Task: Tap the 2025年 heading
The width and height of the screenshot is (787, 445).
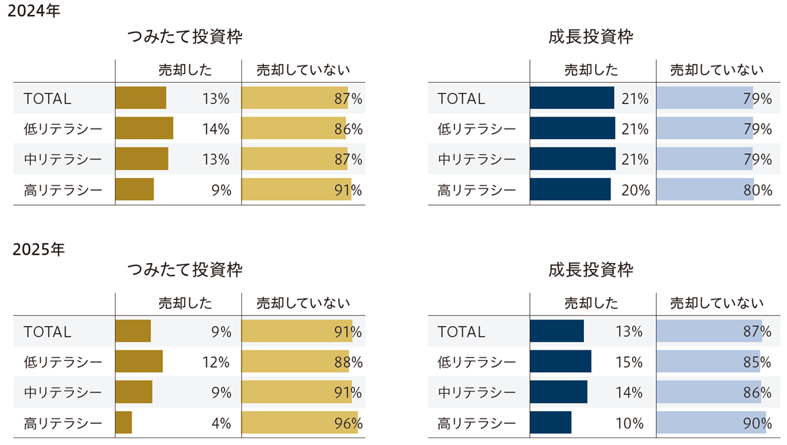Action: [38, 250]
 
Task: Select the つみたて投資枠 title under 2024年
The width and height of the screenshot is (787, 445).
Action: [184, 38]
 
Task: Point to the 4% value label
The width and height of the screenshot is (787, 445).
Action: [220, 423]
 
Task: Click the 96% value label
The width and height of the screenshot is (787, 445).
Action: [348, 423]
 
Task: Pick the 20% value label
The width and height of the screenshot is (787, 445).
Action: [635, 190]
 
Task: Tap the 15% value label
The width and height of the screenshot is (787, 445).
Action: [628, 362]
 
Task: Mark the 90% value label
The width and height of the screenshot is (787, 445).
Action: [757, 423]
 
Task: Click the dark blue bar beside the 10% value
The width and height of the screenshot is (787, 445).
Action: [550, 422]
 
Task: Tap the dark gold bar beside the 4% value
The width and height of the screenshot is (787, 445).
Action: [123, 422]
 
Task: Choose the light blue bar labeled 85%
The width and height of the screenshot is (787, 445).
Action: [708, 362]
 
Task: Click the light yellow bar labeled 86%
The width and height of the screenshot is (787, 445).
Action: [293, 129]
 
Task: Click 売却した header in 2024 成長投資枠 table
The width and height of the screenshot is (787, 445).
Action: [592, 71]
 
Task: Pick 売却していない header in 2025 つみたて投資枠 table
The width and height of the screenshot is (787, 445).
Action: [303, 304]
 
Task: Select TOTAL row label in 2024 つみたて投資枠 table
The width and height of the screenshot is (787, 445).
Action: [47, 98]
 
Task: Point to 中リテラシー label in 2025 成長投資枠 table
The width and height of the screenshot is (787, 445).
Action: [477, 392]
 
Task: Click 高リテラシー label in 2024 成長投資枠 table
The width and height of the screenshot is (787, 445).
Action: [477, 190]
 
